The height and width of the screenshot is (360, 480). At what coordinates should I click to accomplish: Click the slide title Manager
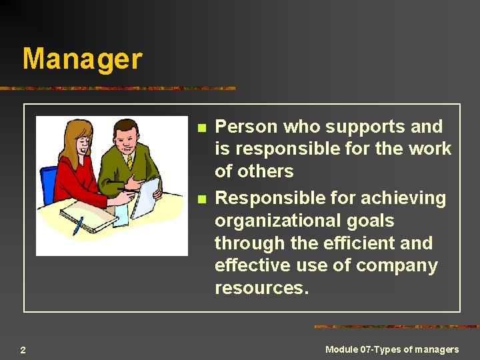point(82,59)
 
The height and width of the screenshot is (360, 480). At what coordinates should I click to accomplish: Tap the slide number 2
point(23,350)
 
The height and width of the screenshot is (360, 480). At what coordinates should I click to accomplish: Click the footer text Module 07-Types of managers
point(392,349)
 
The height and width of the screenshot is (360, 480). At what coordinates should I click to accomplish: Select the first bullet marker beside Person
point(202,127)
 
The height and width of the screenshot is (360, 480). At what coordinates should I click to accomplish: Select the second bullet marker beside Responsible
point(202,199)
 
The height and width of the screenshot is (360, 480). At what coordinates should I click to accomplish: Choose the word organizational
point(280,221)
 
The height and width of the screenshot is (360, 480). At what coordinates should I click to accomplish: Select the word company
point(397,265)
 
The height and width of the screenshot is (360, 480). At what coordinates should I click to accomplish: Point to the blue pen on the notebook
point(78,226)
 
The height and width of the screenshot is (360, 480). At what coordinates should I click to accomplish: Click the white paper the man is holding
point(146,197)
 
